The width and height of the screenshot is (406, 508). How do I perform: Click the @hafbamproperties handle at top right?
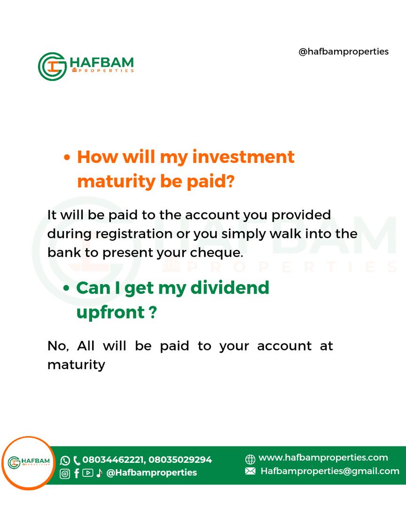click(x=344, y=52)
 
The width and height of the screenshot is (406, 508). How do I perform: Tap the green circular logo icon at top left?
click(x=52, y=66)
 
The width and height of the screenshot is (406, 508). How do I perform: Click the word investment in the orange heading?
click(x=243, y=157)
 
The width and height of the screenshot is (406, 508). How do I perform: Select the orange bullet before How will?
click(x=67, y=158)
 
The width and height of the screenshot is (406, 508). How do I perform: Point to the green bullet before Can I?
click(x=66, y=288)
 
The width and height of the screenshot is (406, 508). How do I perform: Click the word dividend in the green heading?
click(x=230, y=287)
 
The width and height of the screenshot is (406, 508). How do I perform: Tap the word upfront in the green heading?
click(x=110, y=313)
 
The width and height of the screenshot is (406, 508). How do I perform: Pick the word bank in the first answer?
click(x=64, y=252)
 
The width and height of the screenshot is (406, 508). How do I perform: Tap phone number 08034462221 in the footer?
click(x=113, y=460)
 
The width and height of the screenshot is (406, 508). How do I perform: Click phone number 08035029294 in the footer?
click(x=180, y=460)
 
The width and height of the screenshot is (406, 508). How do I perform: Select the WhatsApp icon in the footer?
click(x=65, y=460)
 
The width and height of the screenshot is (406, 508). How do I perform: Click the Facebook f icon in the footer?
click(x=77, y=473)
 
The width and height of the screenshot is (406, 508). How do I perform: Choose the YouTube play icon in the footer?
click(x=88, y=473)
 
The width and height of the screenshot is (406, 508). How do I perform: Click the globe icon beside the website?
click(x=250, y=459)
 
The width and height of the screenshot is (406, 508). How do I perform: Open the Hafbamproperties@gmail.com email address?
click(x=330, y=471)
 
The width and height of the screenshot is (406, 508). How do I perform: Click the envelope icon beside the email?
click(x=250, y=471)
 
